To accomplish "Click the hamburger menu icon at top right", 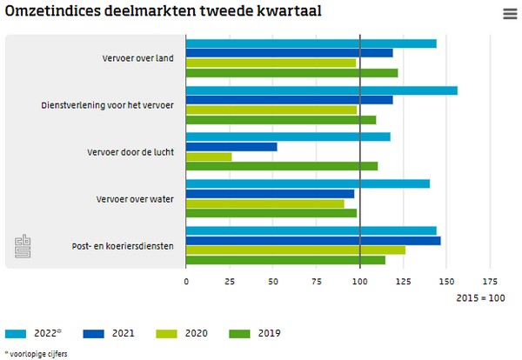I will coord(510,13).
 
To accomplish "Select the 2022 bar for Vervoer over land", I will coord(311,43).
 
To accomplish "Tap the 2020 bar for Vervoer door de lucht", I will coord(209,157).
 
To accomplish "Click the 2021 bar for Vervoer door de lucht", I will coord(231,146).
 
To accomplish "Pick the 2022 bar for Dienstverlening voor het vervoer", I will coord(321,90).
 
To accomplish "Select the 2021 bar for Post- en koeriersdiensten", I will coord(313,240).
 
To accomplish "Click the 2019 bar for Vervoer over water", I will coord(271,213).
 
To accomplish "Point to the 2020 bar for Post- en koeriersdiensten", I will coord(296,250).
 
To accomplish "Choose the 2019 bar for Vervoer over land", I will coord(291,72).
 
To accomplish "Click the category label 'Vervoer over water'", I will coord(135,199).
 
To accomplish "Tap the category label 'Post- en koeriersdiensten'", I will coord(123,246).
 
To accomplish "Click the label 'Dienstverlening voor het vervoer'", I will coord(107,105).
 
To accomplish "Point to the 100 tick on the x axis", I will coord(360,282).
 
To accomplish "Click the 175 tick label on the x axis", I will coord(491,282).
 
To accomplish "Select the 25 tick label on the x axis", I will coord(230,282).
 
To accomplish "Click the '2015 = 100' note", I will coord(480,298).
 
